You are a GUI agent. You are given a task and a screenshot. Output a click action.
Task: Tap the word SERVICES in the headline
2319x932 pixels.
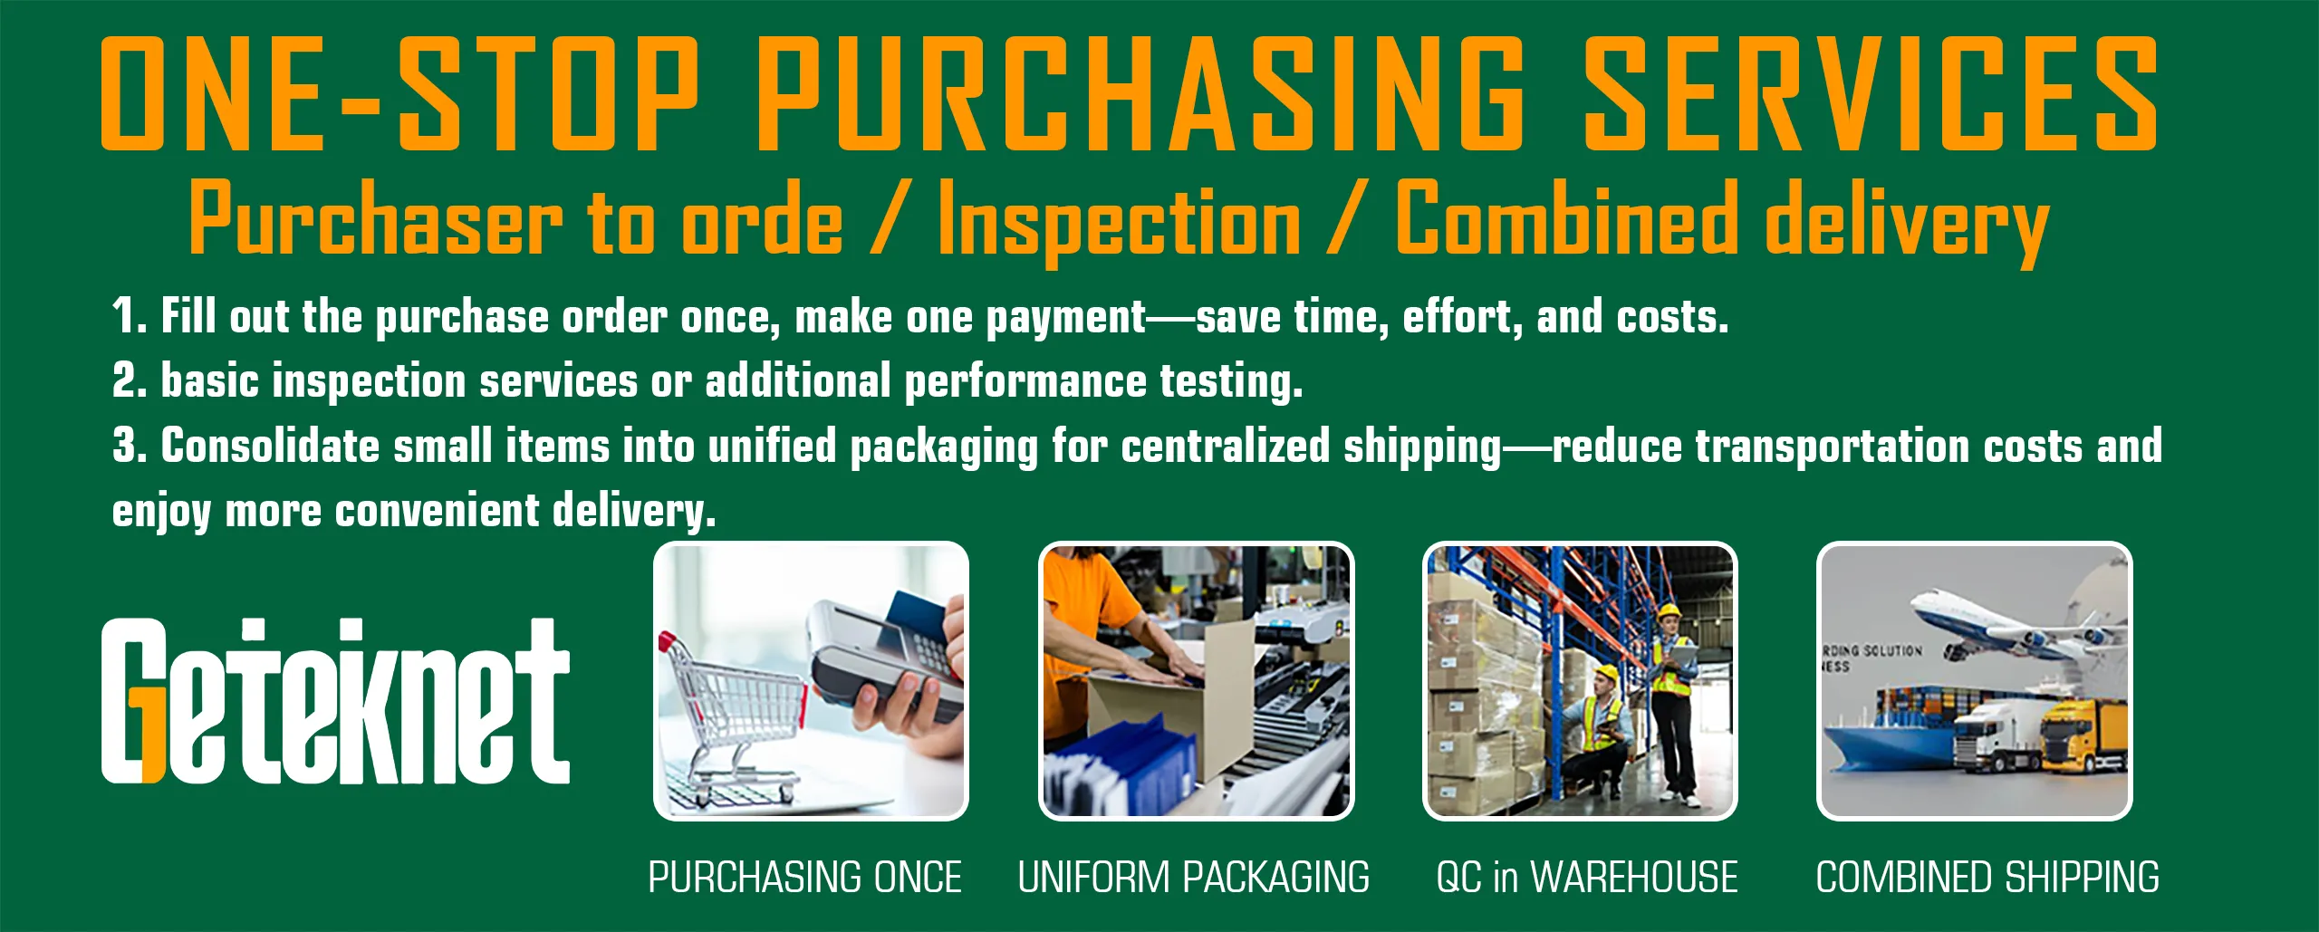1870,93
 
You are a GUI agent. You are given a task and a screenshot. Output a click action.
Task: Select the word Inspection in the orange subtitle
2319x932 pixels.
1119,220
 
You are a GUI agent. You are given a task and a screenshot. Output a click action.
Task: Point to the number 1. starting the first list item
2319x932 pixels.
129,317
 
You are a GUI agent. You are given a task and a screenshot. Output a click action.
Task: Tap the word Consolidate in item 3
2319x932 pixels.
270,447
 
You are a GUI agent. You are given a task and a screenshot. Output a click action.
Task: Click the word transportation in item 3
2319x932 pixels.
1832,447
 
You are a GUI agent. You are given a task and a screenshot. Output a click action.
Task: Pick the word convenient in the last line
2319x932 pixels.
437,512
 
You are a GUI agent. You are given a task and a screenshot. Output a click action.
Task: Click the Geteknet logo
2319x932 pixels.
335,702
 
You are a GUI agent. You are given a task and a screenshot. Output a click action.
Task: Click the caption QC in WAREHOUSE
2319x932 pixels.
1587,878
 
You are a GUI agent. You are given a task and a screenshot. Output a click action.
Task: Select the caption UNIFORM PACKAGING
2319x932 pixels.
1194,878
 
